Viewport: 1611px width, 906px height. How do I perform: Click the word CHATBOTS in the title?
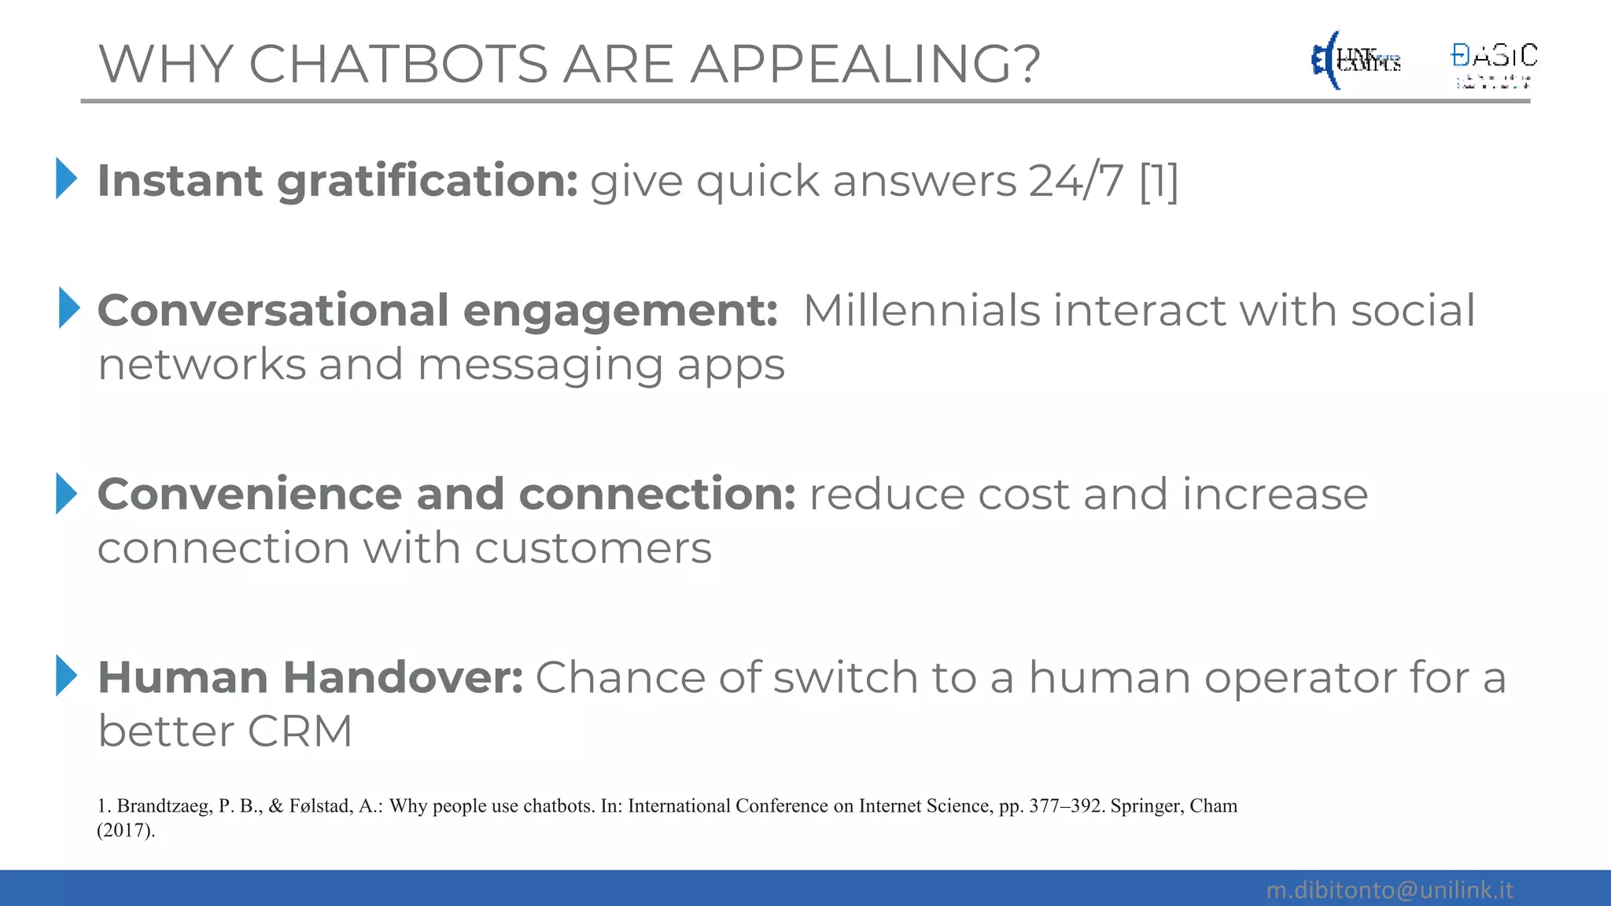[398, 64]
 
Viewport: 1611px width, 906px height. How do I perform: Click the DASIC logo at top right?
[1494, 63]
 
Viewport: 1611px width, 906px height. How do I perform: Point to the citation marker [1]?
[1159, 182]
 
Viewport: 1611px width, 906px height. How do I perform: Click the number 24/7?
[1076, 182]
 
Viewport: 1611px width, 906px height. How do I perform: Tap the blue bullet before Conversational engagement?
[69, 308]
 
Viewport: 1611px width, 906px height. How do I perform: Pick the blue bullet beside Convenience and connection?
[67, 493]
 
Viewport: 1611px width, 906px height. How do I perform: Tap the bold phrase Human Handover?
[310, 677]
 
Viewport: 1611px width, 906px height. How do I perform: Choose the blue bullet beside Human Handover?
[67, 676]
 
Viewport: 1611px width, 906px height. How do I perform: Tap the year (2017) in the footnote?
[126, 830]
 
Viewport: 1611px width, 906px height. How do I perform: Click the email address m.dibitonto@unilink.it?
[1389, 889]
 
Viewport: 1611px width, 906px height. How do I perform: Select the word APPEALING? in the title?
[865, 64]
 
